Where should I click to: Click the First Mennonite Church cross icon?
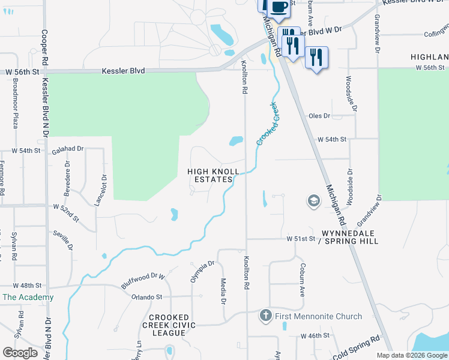click(x=266, y=316)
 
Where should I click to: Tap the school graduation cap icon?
click(x=313, y=201)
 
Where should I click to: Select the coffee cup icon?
click(x=278, y=7)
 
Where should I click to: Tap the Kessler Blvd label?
click(x=123, y=71)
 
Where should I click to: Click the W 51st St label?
click(x=300, y=238)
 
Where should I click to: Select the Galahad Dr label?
click(x=67, y=148)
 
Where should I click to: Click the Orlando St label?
click(x=147, y=296)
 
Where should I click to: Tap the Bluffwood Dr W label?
click(x=143, y=280)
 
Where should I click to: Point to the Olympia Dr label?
click(x=206, y=271)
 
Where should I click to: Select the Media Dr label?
click(x=223, y=291)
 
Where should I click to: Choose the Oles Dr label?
click(x=319, y=116)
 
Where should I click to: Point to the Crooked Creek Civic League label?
click(x=169, y=325)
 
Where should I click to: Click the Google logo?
click(x=20, y=353)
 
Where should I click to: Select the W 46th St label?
click(x=316, y=335)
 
